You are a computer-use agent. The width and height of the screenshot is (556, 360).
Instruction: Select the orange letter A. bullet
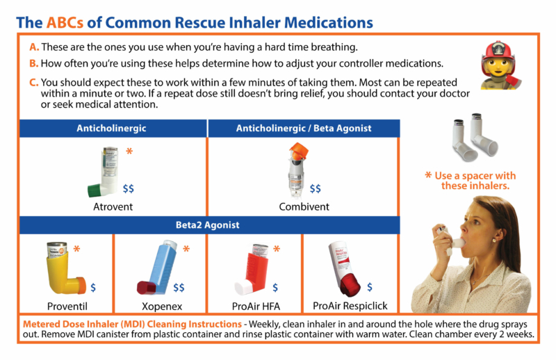(x=34, y=47)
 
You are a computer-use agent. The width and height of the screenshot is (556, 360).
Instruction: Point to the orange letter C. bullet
(x=34, y=82)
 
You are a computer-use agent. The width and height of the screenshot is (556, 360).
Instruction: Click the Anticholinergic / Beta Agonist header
(x=304, y=128)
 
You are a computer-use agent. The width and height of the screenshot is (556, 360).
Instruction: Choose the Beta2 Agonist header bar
(x=209, y=224)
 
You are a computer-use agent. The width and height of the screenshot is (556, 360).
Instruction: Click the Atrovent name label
(x=113, y=206)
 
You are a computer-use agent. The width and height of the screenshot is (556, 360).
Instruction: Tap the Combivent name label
(x=304, y=206)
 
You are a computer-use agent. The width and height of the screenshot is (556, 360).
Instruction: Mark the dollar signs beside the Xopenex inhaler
(x=179, y=287)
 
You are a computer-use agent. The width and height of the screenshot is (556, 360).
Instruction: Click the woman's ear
(x=496, y=237)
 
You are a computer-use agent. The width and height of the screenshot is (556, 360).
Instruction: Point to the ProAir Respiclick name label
(x=350, y=306)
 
